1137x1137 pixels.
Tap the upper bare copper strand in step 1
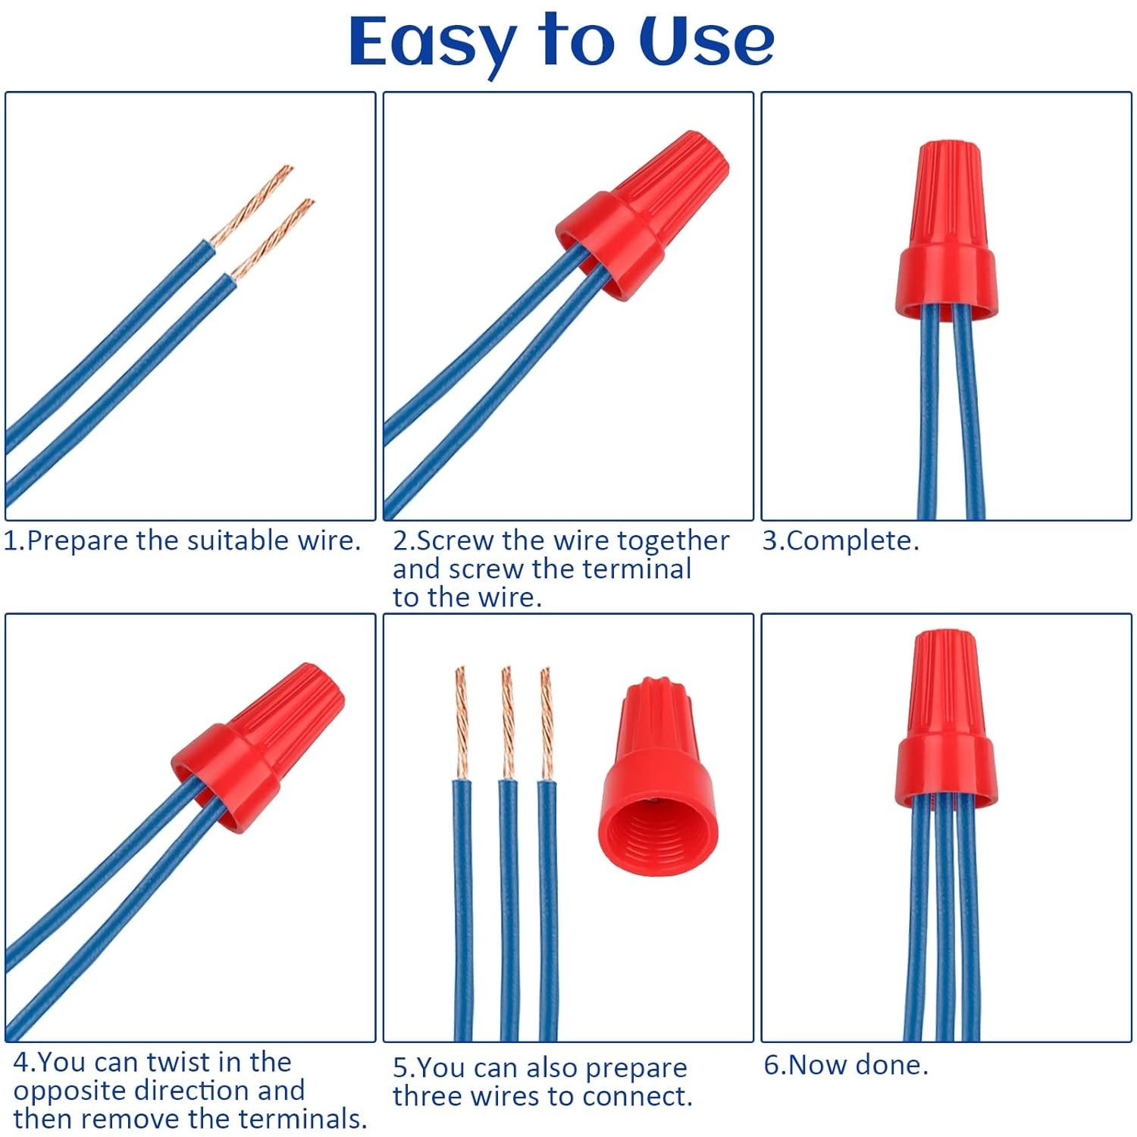pyautogui.click(x=254, y=203)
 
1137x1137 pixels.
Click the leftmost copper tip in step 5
pyautogui.click(x=461, y=720)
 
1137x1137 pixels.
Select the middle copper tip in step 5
pyautogui.click(x=506, y=720)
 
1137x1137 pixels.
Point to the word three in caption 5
pyautogui.click(x=429, y=1097)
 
